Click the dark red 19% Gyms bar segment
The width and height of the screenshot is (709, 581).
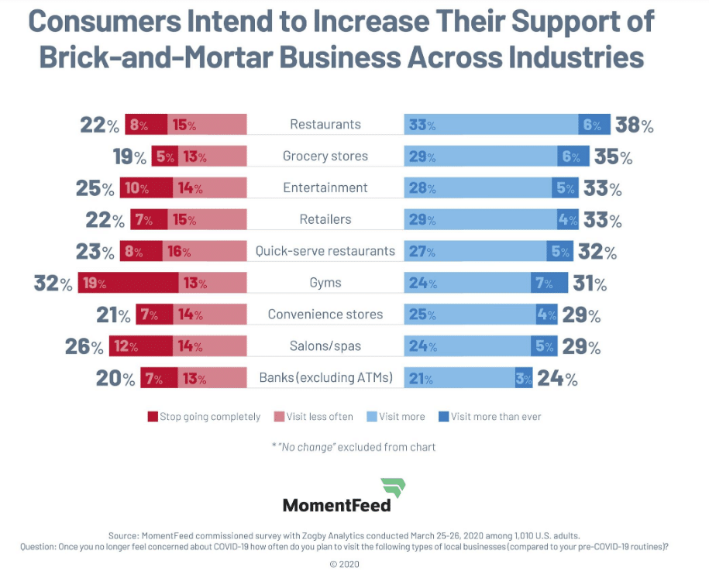(x=128, y=283)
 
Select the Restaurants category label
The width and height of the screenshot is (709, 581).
(x=325, y=124)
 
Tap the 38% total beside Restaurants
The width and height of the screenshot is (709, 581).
(x=634, y=125)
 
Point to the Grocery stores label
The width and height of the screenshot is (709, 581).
(x=325, y=156)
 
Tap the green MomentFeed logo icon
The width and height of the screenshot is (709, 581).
(x=393, y=489)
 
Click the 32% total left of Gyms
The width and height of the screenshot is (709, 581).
(x=53, y=283)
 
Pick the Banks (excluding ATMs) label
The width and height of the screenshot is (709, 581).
(x=325, y=379)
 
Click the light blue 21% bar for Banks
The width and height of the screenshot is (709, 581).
(x=459, y=379)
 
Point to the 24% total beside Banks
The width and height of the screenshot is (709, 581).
(x=558, y=379)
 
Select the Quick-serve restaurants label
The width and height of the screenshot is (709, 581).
(x=325, y=251)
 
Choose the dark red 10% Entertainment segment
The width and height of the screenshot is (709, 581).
(x=146, y=187)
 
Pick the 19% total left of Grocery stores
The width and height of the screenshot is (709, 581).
(x=129, y=156)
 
